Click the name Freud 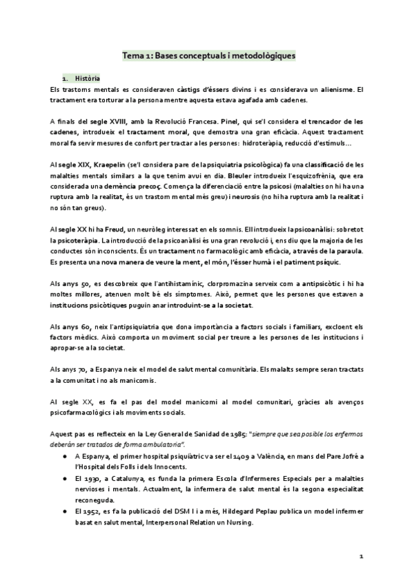point(121,228)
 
